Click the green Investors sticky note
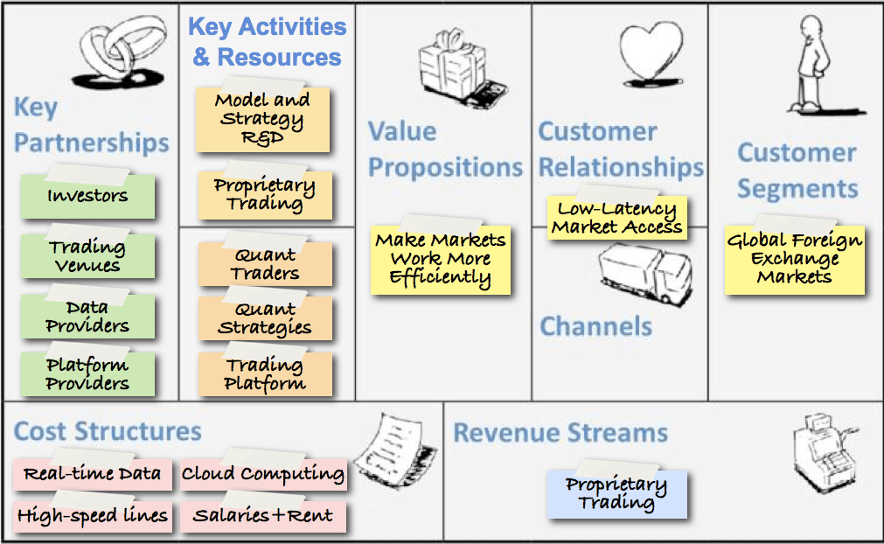point(87,196)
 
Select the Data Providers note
point(87,317)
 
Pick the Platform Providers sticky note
point(87,374)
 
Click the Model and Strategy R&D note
point(262,119)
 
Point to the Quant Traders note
point(265,264)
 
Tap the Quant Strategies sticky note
point(265,319)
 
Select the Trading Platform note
point(265,374)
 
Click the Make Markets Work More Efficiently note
point(441,259)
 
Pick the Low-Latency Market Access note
point(617,219)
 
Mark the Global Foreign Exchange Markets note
point(794,259)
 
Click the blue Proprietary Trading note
point(616,494)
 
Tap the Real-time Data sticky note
point(92,474)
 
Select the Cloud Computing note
point(262,474)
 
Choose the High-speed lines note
point(92,515)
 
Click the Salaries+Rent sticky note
point(262,515)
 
